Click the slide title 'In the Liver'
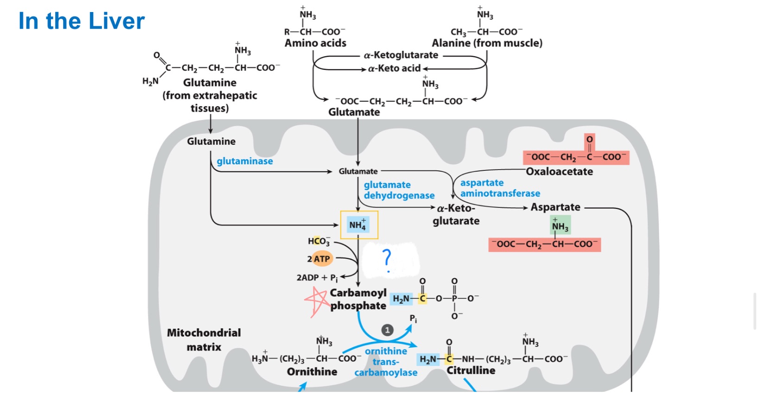click(x=82, y=21)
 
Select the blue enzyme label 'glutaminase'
click(x=245, y=161)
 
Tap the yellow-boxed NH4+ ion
click(x=358, y=225)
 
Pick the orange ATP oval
click(x=322, y=259)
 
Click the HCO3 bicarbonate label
click(x=319, y=241)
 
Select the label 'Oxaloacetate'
click(x=559, y=172)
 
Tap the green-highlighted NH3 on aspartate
click(x=560, y=226)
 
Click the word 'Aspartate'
click(x=555, y=207)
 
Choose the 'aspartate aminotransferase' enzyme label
click(x=500, y=188)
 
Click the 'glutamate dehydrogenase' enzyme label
click(x=399, y=190)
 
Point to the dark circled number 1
click(x=387, y=330)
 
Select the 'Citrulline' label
click(x=471, y=370)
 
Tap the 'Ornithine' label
click(x=312, y=372)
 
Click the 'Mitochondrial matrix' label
click(x=204, y=339)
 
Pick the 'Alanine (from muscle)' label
click(x=487, y=43)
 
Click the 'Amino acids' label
click(x=316, y=43)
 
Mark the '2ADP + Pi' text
click(x=317, y=278)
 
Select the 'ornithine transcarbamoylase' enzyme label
click(x=386, y=362)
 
